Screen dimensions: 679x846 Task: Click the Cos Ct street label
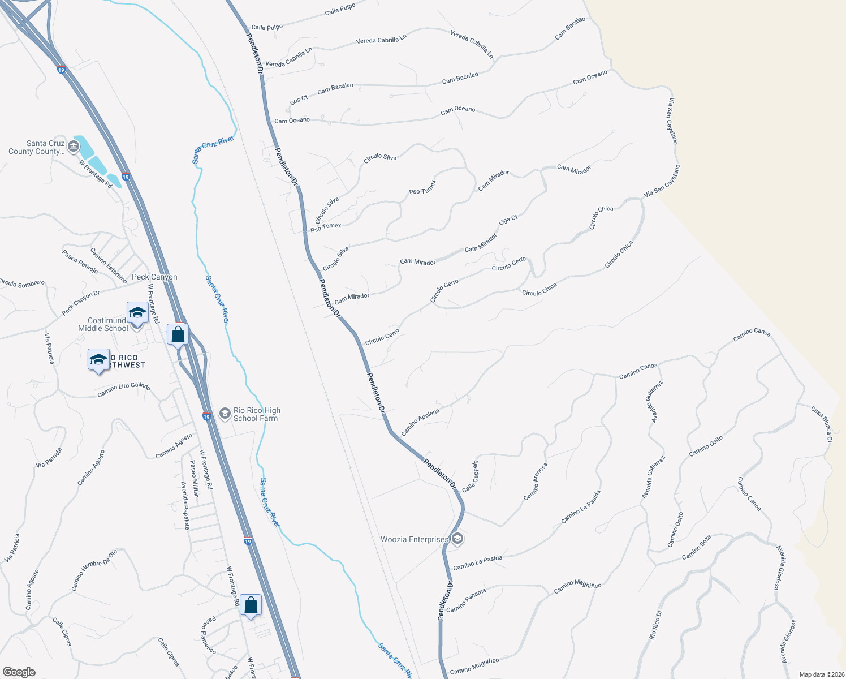point(299,100)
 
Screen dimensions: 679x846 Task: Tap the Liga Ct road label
point(508,220)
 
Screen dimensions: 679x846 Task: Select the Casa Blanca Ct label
point(822,424)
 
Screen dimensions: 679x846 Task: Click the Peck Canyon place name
point(154,277)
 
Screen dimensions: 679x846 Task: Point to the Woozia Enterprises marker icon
point(457,538)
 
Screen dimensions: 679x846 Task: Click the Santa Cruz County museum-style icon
point(73,147)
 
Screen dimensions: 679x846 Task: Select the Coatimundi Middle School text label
point(103,324)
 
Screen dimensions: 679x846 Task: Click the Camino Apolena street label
point(420,422)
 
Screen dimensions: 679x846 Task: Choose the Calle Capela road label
point(470,476)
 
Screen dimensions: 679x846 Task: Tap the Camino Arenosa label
point(535,482)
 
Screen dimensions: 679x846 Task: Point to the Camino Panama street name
point(466,600)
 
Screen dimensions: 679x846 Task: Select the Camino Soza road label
point(696,547)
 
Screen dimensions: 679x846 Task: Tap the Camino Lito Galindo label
point(123,389)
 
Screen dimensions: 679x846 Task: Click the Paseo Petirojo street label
point(80,261)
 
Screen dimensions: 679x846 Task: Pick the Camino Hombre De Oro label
point(94,570)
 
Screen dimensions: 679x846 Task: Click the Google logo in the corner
point(19,672)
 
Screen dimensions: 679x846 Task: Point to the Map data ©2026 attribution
point(821,674)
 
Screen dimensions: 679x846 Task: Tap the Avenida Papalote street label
point(185,505)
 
